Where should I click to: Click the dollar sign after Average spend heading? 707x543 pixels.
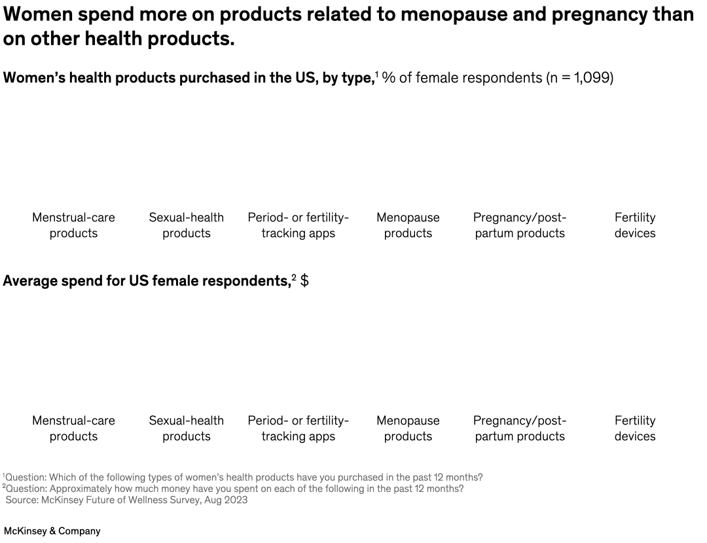pos(304,281)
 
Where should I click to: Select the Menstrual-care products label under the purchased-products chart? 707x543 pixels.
pos(73,225)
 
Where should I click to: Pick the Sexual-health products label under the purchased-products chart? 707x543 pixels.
pos(186,225)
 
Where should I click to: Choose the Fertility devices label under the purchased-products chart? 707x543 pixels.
pos(634,225)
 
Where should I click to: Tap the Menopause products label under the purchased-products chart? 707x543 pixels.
pos(408,225)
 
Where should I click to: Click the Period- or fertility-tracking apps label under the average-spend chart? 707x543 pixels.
pos(298,428)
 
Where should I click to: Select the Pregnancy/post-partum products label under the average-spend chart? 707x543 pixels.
pos(520,428)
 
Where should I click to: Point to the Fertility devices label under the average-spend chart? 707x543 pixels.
pos(634,428)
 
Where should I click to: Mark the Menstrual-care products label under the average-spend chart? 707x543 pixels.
pos(73,428)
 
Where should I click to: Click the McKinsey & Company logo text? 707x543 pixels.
pos(52,531)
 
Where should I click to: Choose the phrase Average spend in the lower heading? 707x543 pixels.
pos(46,281)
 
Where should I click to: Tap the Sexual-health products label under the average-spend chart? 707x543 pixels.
pos(186,428)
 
